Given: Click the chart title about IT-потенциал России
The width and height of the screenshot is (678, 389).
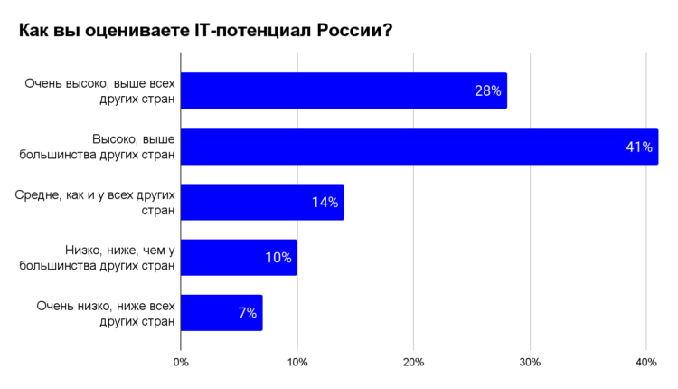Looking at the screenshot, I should click(205, 31).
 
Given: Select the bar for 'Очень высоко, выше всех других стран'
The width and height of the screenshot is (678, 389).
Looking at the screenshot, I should click(344, 91).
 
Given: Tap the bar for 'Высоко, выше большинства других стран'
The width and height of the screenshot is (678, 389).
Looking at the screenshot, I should click(419, 147).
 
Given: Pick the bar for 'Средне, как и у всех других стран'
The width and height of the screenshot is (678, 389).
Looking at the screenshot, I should click(262, 202).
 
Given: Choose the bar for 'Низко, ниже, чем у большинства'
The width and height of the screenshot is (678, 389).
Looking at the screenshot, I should click(239, 258).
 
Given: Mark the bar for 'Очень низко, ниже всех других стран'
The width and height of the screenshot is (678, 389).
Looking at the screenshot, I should click(221, 313).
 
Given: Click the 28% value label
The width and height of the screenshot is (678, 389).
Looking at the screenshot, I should click(487, 91).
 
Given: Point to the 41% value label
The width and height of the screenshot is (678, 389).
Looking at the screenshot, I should click(639, 147).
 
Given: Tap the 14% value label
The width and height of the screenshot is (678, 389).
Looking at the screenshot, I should click(325, 203).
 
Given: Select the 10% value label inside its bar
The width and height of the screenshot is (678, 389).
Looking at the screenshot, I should click(278, 258).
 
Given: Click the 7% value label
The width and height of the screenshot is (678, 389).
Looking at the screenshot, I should click(248, 313).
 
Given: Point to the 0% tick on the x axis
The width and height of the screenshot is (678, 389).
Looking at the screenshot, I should click(181, 363).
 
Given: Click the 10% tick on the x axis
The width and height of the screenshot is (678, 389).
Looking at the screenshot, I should click(297, 363).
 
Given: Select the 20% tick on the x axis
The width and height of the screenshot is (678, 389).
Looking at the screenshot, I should click(413, 363).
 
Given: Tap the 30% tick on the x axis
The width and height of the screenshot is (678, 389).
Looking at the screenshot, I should click(530, 363).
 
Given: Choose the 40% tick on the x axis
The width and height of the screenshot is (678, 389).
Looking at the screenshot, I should click(645, 363).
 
